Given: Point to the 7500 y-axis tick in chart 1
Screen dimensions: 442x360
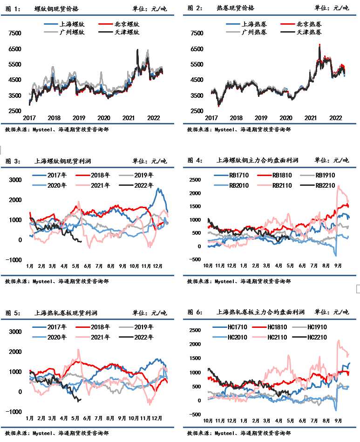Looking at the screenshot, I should tap(15, 33).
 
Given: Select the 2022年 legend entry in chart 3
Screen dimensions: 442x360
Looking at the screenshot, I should tap(143, 185).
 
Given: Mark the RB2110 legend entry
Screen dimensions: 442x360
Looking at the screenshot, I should tap(282, 185).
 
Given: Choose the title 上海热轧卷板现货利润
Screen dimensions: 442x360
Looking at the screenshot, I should tap(63, 313).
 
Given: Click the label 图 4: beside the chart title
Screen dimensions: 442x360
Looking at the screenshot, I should tap(195, 160).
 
